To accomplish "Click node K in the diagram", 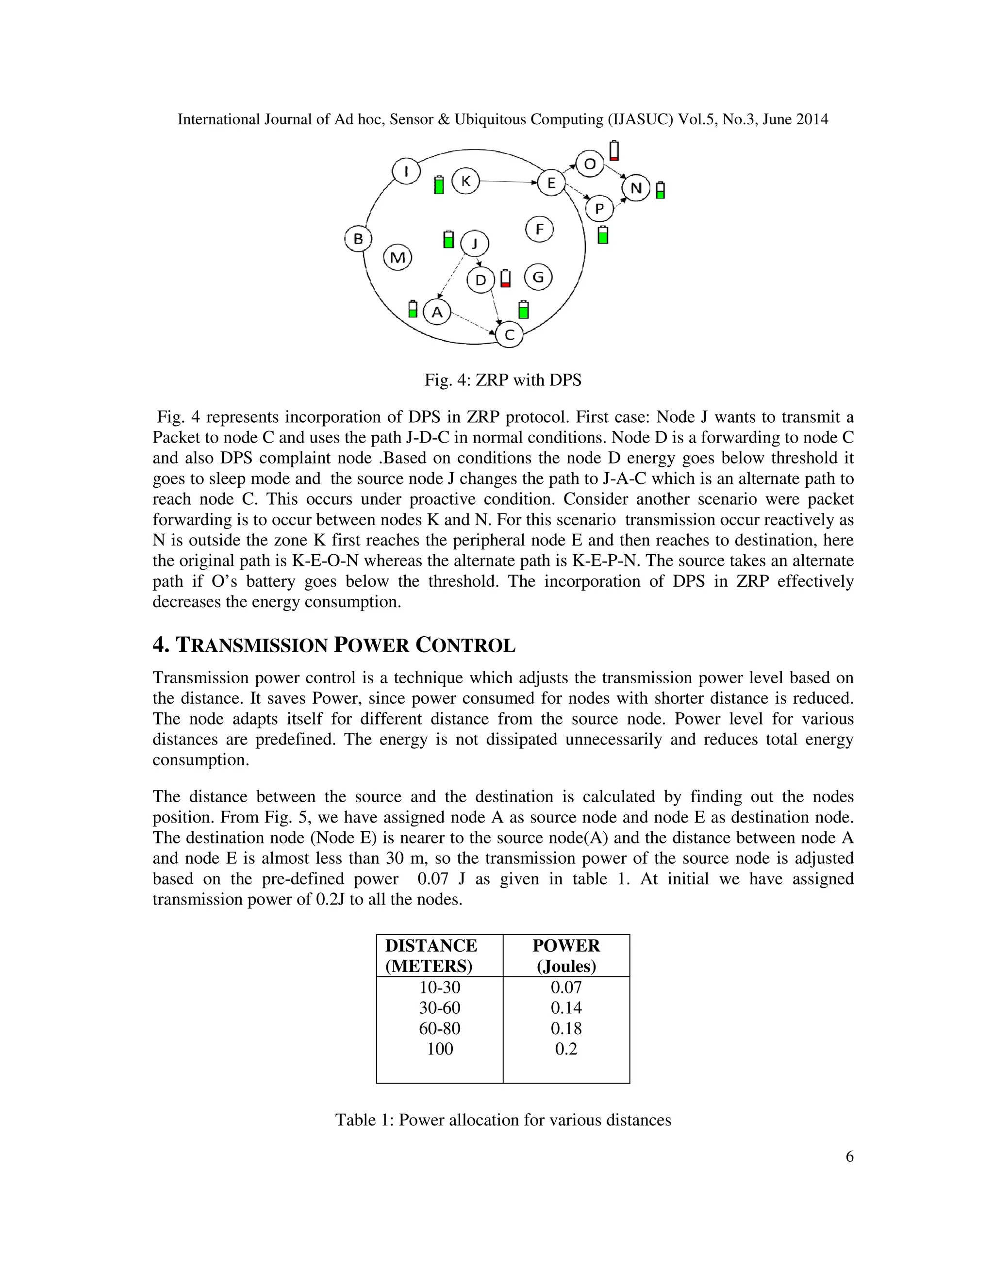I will (x=465, y=181).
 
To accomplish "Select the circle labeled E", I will (x=551, y=182).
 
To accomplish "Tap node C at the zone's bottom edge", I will (x=509, y=335).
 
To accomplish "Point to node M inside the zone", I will (x=398, y=257).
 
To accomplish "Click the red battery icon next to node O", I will (x=614, y=151).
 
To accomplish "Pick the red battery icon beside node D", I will (x=505, y=278).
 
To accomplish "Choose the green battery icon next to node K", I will (x=439, y=185).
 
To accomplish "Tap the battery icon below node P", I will (x=602, y=235).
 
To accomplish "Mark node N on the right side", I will (x=636, y=188).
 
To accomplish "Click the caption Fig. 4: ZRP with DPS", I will (x=502, y=380).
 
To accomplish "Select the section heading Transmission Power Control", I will (x=334, y=645).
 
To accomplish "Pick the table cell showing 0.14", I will (x=566, y=1007).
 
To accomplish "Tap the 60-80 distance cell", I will (x=439, y=1028).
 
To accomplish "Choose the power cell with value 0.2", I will (x=566, y=1049).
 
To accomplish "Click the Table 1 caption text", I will (x=503, y=1120).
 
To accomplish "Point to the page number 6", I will (x=849, y=1156).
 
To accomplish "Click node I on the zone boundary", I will (x=406, y=171).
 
